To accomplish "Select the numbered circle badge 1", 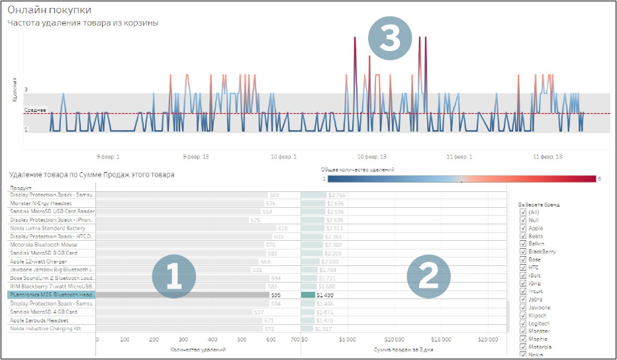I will (173, 278).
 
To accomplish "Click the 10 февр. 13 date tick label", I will (372, 157).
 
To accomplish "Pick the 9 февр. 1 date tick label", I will (109, 157).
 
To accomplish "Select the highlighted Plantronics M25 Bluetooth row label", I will (52, 295).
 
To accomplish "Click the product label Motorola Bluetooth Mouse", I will (44, 245).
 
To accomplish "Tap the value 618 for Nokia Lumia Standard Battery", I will (283, 228).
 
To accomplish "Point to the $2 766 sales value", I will (336, 195).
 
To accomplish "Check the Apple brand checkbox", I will (523, 228).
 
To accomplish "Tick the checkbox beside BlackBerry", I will (523, 252).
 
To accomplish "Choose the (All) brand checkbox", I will (523, 212).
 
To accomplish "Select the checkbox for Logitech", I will (523, 323).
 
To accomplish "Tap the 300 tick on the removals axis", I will (183, 338).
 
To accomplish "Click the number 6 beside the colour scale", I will (599, 179).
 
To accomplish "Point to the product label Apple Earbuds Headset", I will (41, 320).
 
